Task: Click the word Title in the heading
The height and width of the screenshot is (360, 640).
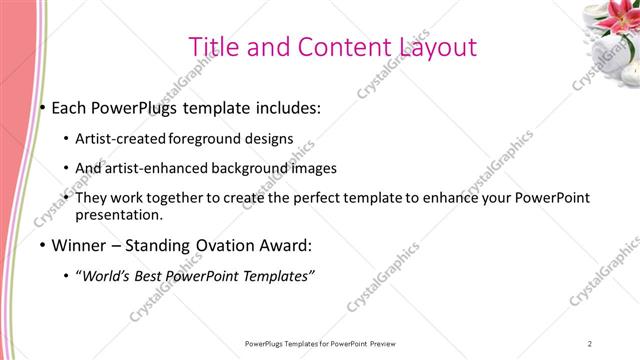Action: coord(214,47)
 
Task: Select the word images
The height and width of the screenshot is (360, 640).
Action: coord(313,168)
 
